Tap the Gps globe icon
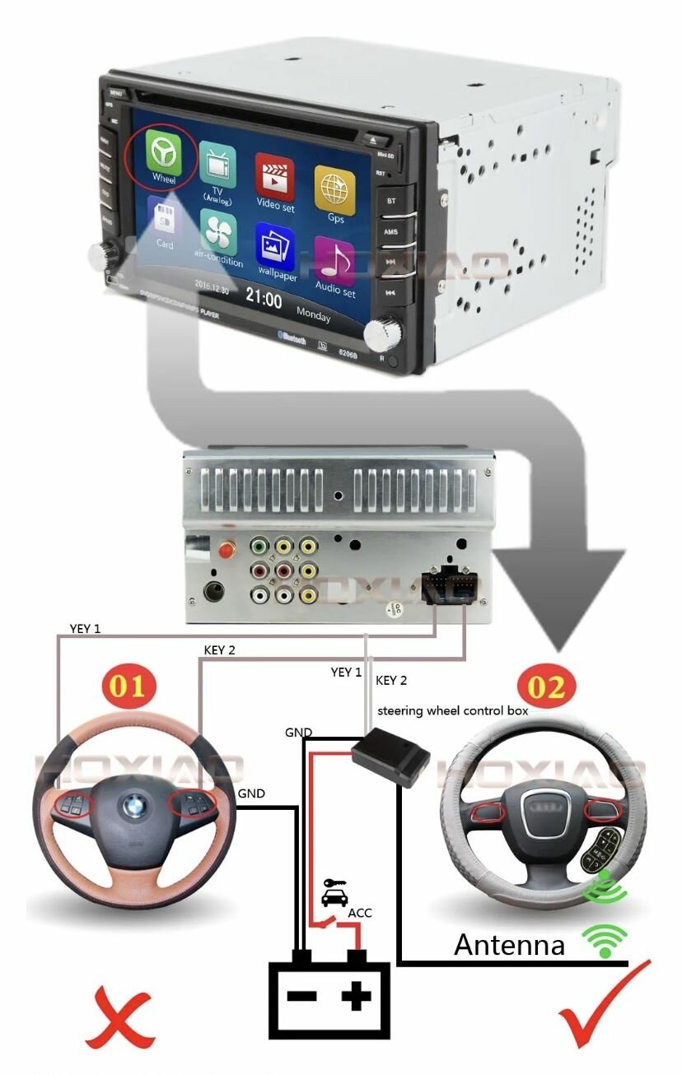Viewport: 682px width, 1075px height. [x=334, y=188]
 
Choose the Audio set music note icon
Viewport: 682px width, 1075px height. [x=334, y=261]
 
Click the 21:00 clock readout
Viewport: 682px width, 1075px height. [x=264, y=297]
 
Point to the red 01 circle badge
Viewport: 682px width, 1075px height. [x=127, y=685]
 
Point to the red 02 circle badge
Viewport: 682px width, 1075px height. [x=547, y=685]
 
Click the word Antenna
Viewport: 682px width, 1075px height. [x=509, y=945]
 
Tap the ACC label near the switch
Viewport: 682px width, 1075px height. [x=360, y=913]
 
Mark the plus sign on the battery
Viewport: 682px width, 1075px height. [x=357, y=998]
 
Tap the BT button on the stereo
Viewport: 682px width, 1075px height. [x=390, y=199]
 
